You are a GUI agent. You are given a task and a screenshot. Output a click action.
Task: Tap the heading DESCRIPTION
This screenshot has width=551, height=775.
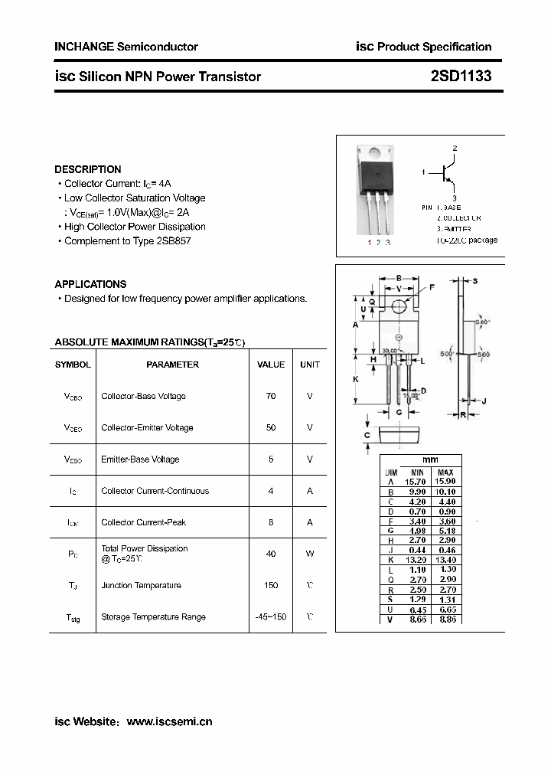(x=87, y=169)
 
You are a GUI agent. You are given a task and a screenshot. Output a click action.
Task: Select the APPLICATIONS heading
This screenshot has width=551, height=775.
(x=90, y=284)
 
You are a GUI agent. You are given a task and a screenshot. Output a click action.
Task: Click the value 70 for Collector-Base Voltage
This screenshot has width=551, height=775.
(x=271, y=396)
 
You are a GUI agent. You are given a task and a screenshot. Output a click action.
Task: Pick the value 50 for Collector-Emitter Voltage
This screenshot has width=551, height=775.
(x=271, y=427)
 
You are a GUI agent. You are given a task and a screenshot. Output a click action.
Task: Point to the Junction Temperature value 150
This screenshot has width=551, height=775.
(x=271, y=585)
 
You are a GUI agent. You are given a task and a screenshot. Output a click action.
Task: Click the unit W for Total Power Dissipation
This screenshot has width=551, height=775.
(x=310, y=554)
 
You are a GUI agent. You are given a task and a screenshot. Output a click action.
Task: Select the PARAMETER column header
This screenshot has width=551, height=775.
(x=172, y=365)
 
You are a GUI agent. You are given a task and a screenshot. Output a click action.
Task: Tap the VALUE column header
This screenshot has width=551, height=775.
(x=271, y=365)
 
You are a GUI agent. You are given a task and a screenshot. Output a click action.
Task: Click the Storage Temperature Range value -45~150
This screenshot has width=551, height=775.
(x=271, y=616)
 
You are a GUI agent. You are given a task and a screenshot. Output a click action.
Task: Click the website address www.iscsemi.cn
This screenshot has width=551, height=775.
(x=168, y=721)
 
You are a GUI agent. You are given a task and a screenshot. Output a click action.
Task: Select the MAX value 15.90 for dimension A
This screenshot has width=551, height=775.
(x=446, y=481)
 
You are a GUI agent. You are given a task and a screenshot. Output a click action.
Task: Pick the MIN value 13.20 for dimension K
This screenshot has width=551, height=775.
(x=416, y=560)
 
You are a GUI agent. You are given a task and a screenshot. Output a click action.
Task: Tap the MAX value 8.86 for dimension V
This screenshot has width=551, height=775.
(x=446, y=619)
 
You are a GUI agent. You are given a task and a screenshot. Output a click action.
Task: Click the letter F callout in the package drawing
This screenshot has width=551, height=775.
(x=432, y=287)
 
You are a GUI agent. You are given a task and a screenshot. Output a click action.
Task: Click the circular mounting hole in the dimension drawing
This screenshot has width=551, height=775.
(x=398, y=307)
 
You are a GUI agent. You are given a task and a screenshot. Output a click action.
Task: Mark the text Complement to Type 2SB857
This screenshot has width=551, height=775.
(x=127, y=240)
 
